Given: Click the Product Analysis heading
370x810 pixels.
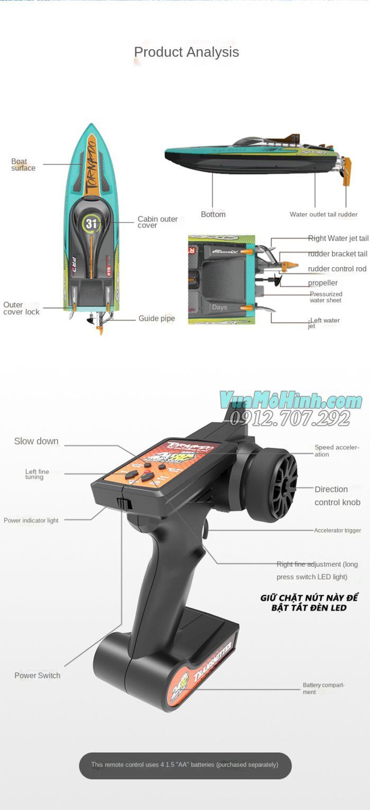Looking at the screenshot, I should tap(186, 52).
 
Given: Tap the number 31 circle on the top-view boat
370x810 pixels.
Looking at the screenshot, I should tap(91, 223).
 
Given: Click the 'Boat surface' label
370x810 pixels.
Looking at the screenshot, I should tap(23, 165).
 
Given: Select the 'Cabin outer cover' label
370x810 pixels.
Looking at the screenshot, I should tap(158, 222).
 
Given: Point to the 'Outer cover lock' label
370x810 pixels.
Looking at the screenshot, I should tap(21, 308).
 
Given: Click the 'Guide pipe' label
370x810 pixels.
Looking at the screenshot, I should tap(156, 318).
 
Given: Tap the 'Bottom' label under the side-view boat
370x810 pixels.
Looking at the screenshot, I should tap(213, 214).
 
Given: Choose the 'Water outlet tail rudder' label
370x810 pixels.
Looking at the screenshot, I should tap(323, 214).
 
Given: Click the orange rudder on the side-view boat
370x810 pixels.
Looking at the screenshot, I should tap(347, 172).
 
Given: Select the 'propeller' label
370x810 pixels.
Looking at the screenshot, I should tap(322, 283).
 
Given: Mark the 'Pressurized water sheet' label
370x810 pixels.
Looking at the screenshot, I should tap(326, 297).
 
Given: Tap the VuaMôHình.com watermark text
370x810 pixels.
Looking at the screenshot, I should tap(291, 401).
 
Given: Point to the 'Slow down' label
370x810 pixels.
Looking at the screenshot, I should tap(36, 441).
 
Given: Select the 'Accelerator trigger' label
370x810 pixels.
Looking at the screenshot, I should tap(337, 530).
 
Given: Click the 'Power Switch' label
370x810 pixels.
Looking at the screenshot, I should tap(37, 676).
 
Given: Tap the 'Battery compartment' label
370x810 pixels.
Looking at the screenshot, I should tap(323, 688).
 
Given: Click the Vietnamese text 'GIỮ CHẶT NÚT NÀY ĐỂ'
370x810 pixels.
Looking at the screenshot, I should tap(309, 598).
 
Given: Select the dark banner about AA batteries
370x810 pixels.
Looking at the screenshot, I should tap(185, 765).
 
